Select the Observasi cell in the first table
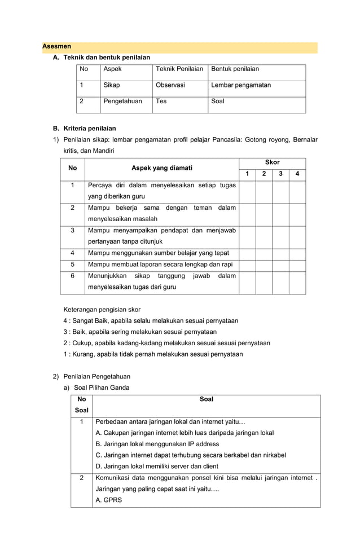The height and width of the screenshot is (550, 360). point(170,85)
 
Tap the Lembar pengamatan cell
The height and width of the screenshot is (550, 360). point(241,85)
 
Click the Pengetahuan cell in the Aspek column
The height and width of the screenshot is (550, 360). point(122,102)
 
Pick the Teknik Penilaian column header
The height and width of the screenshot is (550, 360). point(179,69)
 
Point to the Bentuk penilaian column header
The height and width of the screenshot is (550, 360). point(235,69)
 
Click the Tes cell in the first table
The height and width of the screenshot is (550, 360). point(161,102)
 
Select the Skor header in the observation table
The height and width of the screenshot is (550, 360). point(272,162)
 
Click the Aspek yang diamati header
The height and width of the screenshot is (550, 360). point(161,168)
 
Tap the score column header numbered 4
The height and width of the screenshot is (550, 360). point(297,174)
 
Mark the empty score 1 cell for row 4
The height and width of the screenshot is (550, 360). point(247,253)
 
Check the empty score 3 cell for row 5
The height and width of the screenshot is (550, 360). point(280,265)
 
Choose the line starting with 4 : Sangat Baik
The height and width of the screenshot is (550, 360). point(151,320)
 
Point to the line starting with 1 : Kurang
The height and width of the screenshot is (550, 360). point(153,354)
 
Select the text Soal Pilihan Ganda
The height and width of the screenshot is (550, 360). point(102,388)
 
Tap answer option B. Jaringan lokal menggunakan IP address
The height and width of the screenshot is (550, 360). point(157,444)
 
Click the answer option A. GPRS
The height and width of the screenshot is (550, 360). point(109,500)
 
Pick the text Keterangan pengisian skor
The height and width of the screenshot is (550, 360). point(102,309)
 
